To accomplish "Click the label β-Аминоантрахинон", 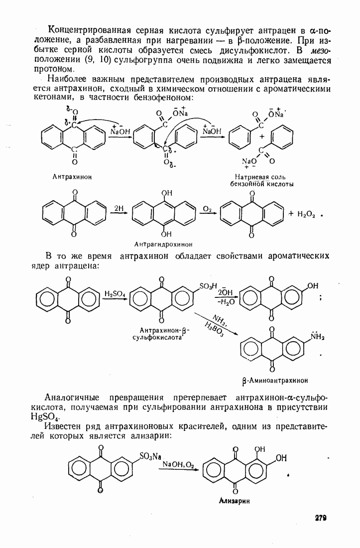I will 275,381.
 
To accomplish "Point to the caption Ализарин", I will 234,501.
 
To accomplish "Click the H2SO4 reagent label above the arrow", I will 114,293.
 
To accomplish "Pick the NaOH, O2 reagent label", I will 178,464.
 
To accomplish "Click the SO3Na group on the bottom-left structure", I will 150,456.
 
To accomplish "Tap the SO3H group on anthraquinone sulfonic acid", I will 208,286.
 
